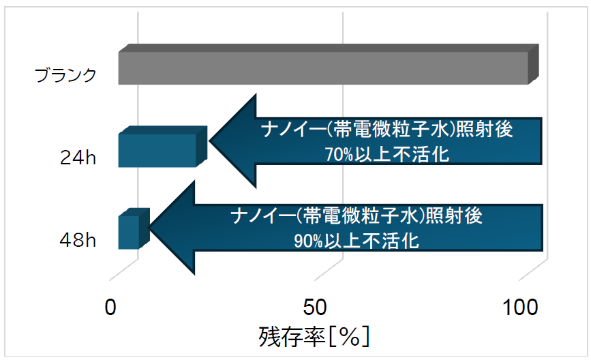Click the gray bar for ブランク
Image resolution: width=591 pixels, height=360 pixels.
pos(329,65)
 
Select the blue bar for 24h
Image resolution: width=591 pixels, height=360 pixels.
pos(163,147)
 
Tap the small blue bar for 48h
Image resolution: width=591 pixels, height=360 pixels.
pos(134,229)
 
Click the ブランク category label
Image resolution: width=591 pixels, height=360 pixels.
pos(66,75)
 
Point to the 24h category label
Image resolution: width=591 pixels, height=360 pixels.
pos(78,157)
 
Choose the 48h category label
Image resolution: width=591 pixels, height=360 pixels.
pos(78,240)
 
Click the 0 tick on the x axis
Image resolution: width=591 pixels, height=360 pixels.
pos(110,307)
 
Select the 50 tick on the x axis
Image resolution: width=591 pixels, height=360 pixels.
pos(315,307)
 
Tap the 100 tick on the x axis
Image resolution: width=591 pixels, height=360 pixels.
pos(520,307)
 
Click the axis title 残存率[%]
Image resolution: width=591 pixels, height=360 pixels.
pos(314,337)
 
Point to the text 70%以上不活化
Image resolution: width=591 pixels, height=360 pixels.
pos(387,154)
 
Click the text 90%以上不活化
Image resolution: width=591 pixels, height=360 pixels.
pos(357,241)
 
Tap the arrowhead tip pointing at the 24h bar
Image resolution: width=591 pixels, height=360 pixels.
pos(209,141)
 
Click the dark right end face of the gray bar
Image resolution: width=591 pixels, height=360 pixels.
pos(533,64)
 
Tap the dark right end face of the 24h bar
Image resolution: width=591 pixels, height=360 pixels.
pos(202,147)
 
